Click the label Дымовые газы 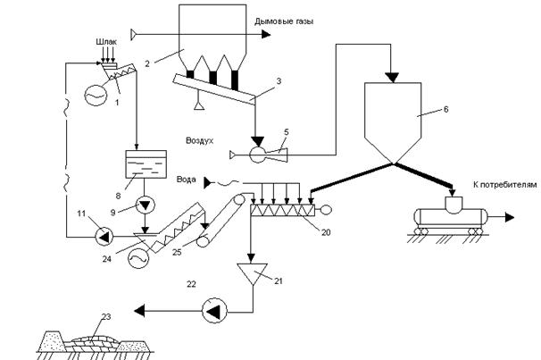[x=284, y=21]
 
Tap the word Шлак [x=106, y=42]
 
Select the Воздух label [x=200, y=141]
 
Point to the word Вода [x=187, y=180]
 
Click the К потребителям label [x=505, y=185]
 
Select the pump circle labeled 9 [x=146, y=205]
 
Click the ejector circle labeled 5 [x=257, y=155]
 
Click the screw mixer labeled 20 [x=283, y=210]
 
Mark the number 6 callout [x=445, y=110]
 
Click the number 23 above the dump [x=106, y=316]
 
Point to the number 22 [x=191, y=284]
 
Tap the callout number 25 [x=177, y=252]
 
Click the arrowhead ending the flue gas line [x=266, y=34]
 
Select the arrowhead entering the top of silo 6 [x=392, y=78]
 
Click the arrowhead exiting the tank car [x=510, y=217]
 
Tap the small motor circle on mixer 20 [x=327, y=209]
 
